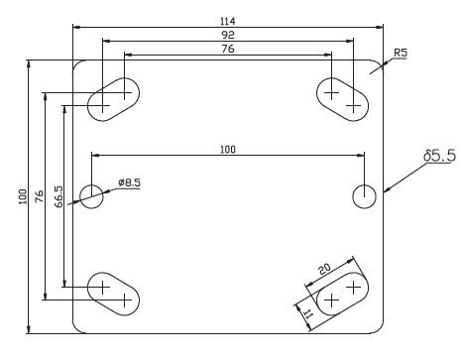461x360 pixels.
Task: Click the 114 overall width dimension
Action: click(228, 21)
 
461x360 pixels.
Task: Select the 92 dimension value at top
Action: click(228, 35)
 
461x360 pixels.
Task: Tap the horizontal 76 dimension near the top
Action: click(228, 49)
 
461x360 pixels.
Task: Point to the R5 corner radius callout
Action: click(401, 53)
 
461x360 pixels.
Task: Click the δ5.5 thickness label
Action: click(440, 156)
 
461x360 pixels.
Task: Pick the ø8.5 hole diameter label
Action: click(129, 182)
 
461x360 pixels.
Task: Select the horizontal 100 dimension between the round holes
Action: click(228, 150)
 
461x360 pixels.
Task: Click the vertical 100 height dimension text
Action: click(23, 196)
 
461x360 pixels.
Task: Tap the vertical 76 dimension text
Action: click(39, 196)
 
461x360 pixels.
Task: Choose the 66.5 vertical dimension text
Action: click(58, 196)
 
